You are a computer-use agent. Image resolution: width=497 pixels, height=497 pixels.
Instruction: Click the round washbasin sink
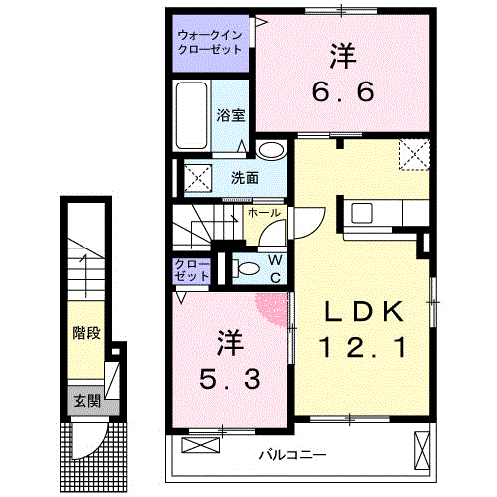(269, 151)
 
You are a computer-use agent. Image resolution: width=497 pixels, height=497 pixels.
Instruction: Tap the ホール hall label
(263, 213)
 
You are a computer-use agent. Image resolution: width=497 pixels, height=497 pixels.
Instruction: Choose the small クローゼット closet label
(191, 270)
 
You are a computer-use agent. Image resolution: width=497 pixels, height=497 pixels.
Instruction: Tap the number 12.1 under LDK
(361, 349)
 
